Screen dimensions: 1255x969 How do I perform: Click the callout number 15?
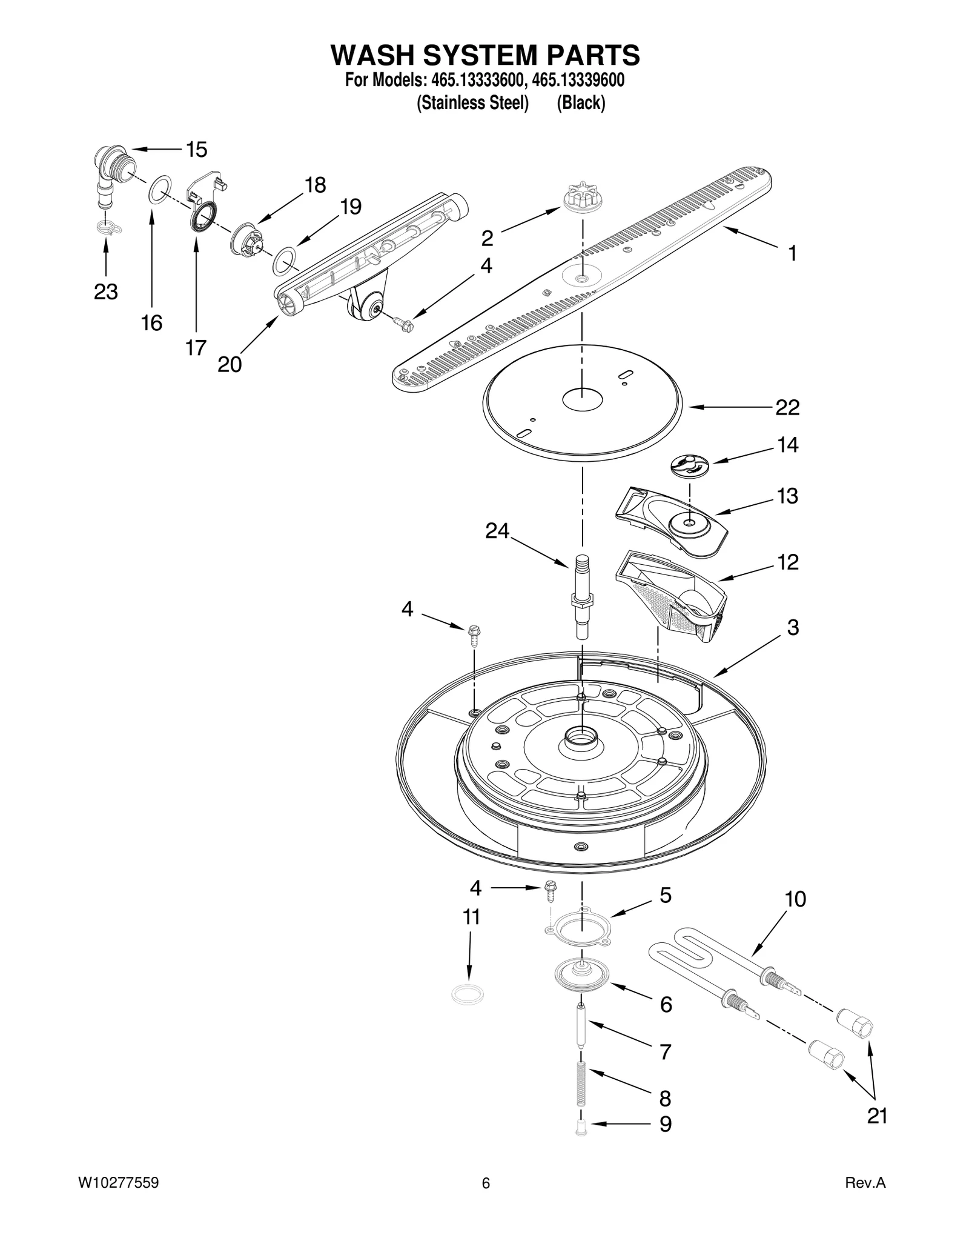[x=196, y=149]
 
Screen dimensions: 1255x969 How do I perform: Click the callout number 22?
[x=787, y=407]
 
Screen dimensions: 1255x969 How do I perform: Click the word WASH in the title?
[x=372, y=55]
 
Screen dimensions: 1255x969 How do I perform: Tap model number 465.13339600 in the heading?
[x=578, y=80]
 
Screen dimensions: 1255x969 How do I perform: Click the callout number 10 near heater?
[x=795, y=899]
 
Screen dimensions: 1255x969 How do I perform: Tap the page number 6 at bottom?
[x=485, y=1183]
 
